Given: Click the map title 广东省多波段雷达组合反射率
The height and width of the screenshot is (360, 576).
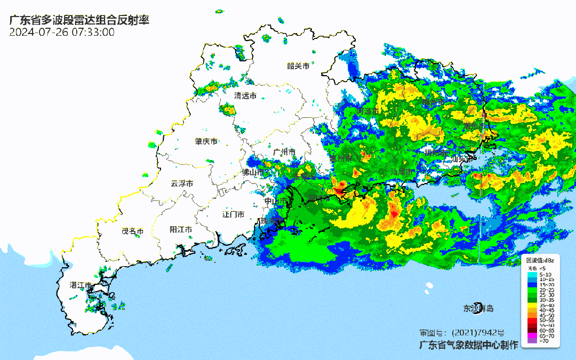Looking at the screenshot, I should (79, 20).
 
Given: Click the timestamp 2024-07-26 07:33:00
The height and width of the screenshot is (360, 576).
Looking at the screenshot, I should (62, 32).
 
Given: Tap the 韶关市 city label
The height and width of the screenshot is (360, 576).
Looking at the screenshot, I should (298, 66).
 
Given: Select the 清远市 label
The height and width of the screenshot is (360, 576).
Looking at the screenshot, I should (245, 96).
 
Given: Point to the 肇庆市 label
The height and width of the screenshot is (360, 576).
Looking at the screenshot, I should (206, 142).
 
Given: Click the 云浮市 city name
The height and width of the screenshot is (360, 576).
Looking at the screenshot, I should (182, 183).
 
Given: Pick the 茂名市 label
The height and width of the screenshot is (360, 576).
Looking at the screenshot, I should (133, 231).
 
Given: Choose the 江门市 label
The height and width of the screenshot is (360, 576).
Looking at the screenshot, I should (233, 214).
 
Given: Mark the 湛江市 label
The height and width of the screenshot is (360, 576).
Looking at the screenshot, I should (81, 285).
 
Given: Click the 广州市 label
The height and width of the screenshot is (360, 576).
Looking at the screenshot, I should (284, 152).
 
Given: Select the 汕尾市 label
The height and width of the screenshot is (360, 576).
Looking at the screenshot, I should (402, 172).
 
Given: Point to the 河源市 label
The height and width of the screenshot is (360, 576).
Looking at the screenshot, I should (368, 111).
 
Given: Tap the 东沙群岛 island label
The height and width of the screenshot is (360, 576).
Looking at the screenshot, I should (478, 308).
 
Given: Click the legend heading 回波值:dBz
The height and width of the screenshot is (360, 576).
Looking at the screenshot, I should (540, 260).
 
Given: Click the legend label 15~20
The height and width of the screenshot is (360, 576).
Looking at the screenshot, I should (547, 285).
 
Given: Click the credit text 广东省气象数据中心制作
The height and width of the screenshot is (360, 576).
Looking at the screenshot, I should (468, 345).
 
